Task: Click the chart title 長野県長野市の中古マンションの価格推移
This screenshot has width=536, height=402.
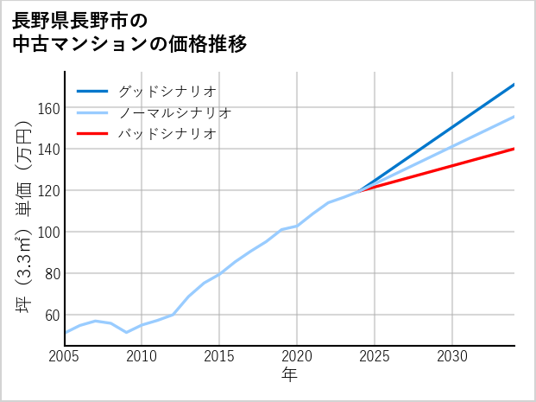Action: (129, 31)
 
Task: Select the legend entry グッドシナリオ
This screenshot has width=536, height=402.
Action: (167, 91)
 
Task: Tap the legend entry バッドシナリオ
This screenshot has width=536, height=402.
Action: (167, 134)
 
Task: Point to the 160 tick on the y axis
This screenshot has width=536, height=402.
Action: (48, 108)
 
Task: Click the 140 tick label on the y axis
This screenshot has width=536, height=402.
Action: (48, 150)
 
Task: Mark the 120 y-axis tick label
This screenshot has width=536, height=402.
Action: (48, 191)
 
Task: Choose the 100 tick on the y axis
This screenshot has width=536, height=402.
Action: (48, 233)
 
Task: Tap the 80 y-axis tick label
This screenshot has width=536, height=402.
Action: (52, 274)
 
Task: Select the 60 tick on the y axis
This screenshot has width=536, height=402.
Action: (52, 316)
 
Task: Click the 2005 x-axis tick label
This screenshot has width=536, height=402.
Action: (65, 356)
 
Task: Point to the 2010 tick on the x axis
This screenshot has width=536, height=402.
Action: (142, 356)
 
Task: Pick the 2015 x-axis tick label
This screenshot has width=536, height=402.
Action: (219, 356)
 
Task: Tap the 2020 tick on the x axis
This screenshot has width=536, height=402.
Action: (297, 356)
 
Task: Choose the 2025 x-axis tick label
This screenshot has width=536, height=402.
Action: (375, 356)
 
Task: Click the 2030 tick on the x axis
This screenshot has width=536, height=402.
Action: (452, 356)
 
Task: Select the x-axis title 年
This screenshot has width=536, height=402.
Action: (290, 375)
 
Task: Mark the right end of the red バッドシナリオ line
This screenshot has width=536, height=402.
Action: (514, 149)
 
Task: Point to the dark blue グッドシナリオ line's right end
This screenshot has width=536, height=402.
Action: (514, 85)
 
